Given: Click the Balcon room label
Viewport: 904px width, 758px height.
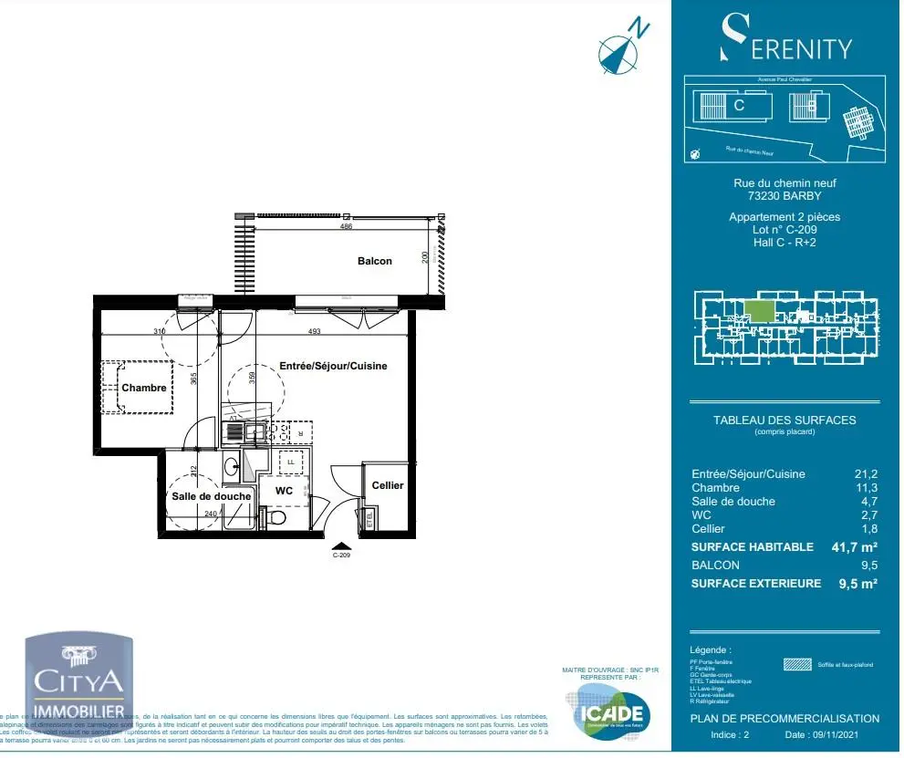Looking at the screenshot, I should [374, 261].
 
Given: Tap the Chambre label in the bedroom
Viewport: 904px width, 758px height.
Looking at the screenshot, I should [144, 388].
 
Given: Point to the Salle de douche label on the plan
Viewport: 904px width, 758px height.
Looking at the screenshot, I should [211, 496].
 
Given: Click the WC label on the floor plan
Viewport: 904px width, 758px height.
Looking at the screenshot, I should [284, 491].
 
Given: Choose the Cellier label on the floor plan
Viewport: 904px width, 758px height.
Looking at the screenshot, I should [387, 485].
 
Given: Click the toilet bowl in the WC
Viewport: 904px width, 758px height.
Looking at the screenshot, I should [277, 518].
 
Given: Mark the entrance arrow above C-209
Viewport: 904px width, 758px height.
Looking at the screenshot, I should [341, 544].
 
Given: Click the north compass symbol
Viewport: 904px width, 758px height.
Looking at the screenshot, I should [618, 50].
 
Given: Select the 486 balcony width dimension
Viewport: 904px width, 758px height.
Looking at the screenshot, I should [346, 226].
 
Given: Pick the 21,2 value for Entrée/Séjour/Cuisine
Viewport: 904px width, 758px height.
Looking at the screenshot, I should [866, 473].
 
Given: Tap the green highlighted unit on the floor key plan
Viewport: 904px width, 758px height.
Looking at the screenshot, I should [759, 311].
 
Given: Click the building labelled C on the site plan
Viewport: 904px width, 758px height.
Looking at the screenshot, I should [736, 106].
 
